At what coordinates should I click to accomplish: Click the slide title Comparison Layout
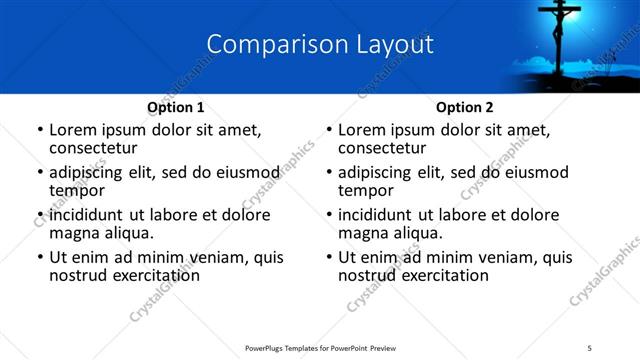pyautogui.click(x=320, y=45)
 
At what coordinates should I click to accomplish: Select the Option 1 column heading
pyautogui.click(x=176, y=107)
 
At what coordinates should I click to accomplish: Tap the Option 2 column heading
pyautogui.click(x=464, y=107)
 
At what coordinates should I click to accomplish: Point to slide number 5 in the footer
pyautogui.click(x=589, y=347)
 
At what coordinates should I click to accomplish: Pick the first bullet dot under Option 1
pyautogui.click(x=39, y=131)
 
